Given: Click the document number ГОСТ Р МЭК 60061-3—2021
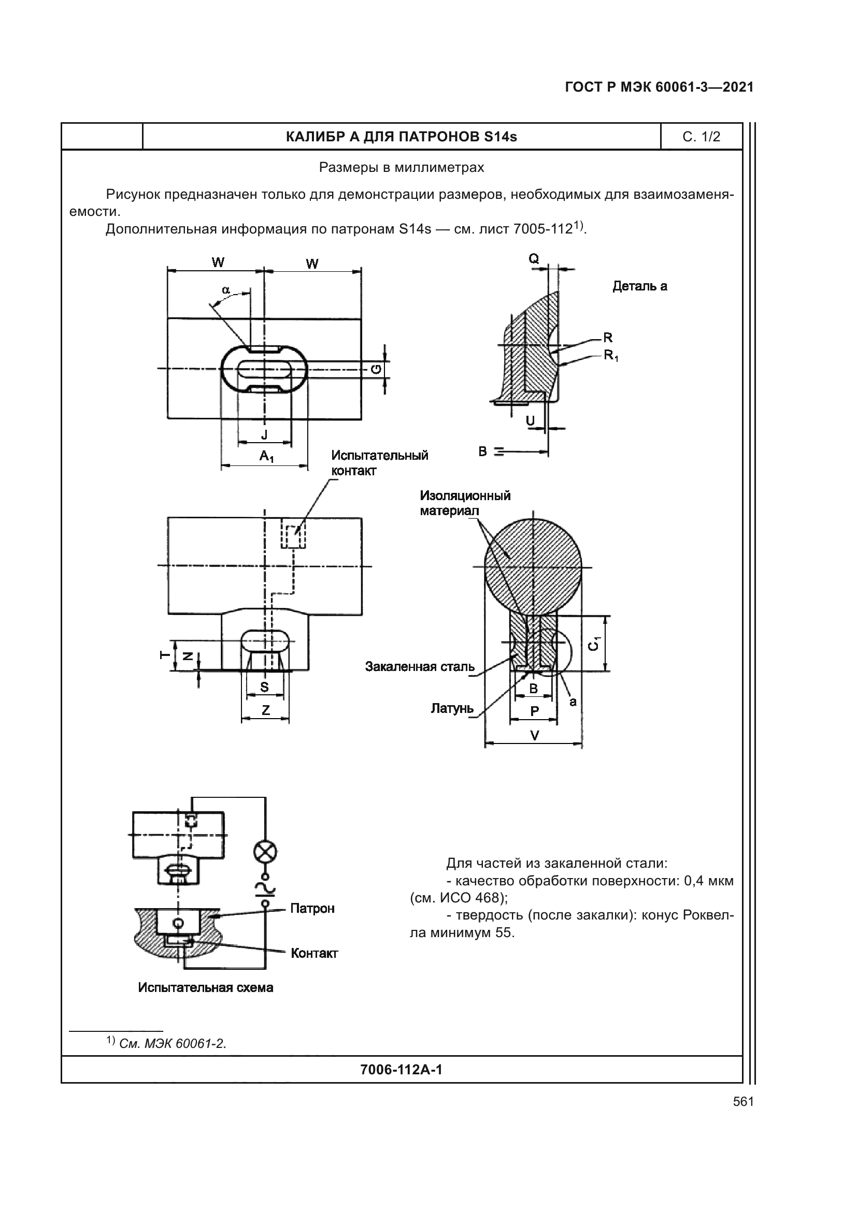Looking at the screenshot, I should point(659,87).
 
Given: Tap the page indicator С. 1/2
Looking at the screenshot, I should point(701,137).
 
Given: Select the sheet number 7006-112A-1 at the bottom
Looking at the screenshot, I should point(401,1070).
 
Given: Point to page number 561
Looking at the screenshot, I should point(743,1101).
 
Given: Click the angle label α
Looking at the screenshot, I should point(226,289).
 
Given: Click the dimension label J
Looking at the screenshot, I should point(264,434).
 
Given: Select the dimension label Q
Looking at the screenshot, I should point(534,258).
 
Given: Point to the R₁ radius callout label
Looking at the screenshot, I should point(611,356).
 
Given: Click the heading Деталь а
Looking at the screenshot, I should point(639,286).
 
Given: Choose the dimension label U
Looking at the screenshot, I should point(531,420).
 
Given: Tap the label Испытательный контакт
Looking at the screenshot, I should point(379,462).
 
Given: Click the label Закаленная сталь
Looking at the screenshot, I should point(420,667).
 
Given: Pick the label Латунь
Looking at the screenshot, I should point(452,708).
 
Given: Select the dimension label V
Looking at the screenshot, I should point(534,735).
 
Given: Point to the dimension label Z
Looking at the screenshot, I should point(265,710).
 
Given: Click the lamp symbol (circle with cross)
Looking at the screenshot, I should point(266,852).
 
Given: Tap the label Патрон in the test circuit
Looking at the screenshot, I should point(312,908).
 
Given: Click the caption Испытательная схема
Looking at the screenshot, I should point(206,987).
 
